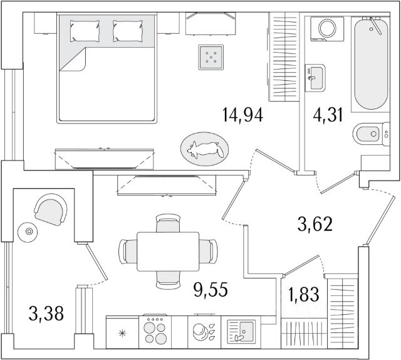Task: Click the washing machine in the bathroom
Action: click(x=328, y=29)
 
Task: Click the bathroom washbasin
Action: click(x=315, y=77)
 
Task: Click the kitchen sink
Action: click(x=239, y=330)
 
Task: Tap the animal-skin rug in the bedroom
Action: click(x=204, y=149)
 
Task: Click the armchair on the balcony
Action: click(x=50, y=208)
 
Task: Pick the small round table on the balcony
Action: click(x=27, y=232)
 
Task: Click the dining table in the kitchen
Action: click(x=168, y=251)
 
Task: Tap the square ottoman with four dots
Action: click(x=212, y=58)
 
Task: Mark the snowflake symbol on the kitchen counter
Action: click(x=122, y=331)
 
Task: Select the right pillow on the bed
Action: click(x=127, y=30)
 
